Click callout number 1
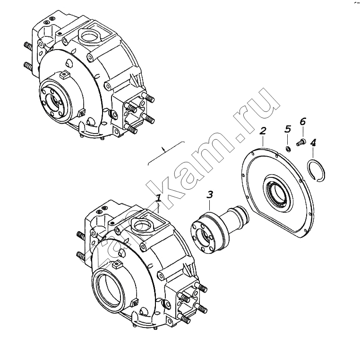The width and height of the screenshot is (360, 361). coord(158,198)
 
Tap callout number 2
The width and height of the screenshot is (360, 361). coord(263,131)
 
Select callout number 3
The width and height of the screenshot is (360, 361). coord(210,194)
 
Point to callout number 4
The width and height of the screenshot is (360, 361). coord(313,143)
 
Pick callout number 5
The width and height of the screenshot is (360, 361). coord(288,129)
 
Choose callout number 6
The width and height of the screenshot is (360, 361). coord(303,121)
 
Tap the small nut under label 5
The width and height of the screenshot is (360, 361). coord(288,149)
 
